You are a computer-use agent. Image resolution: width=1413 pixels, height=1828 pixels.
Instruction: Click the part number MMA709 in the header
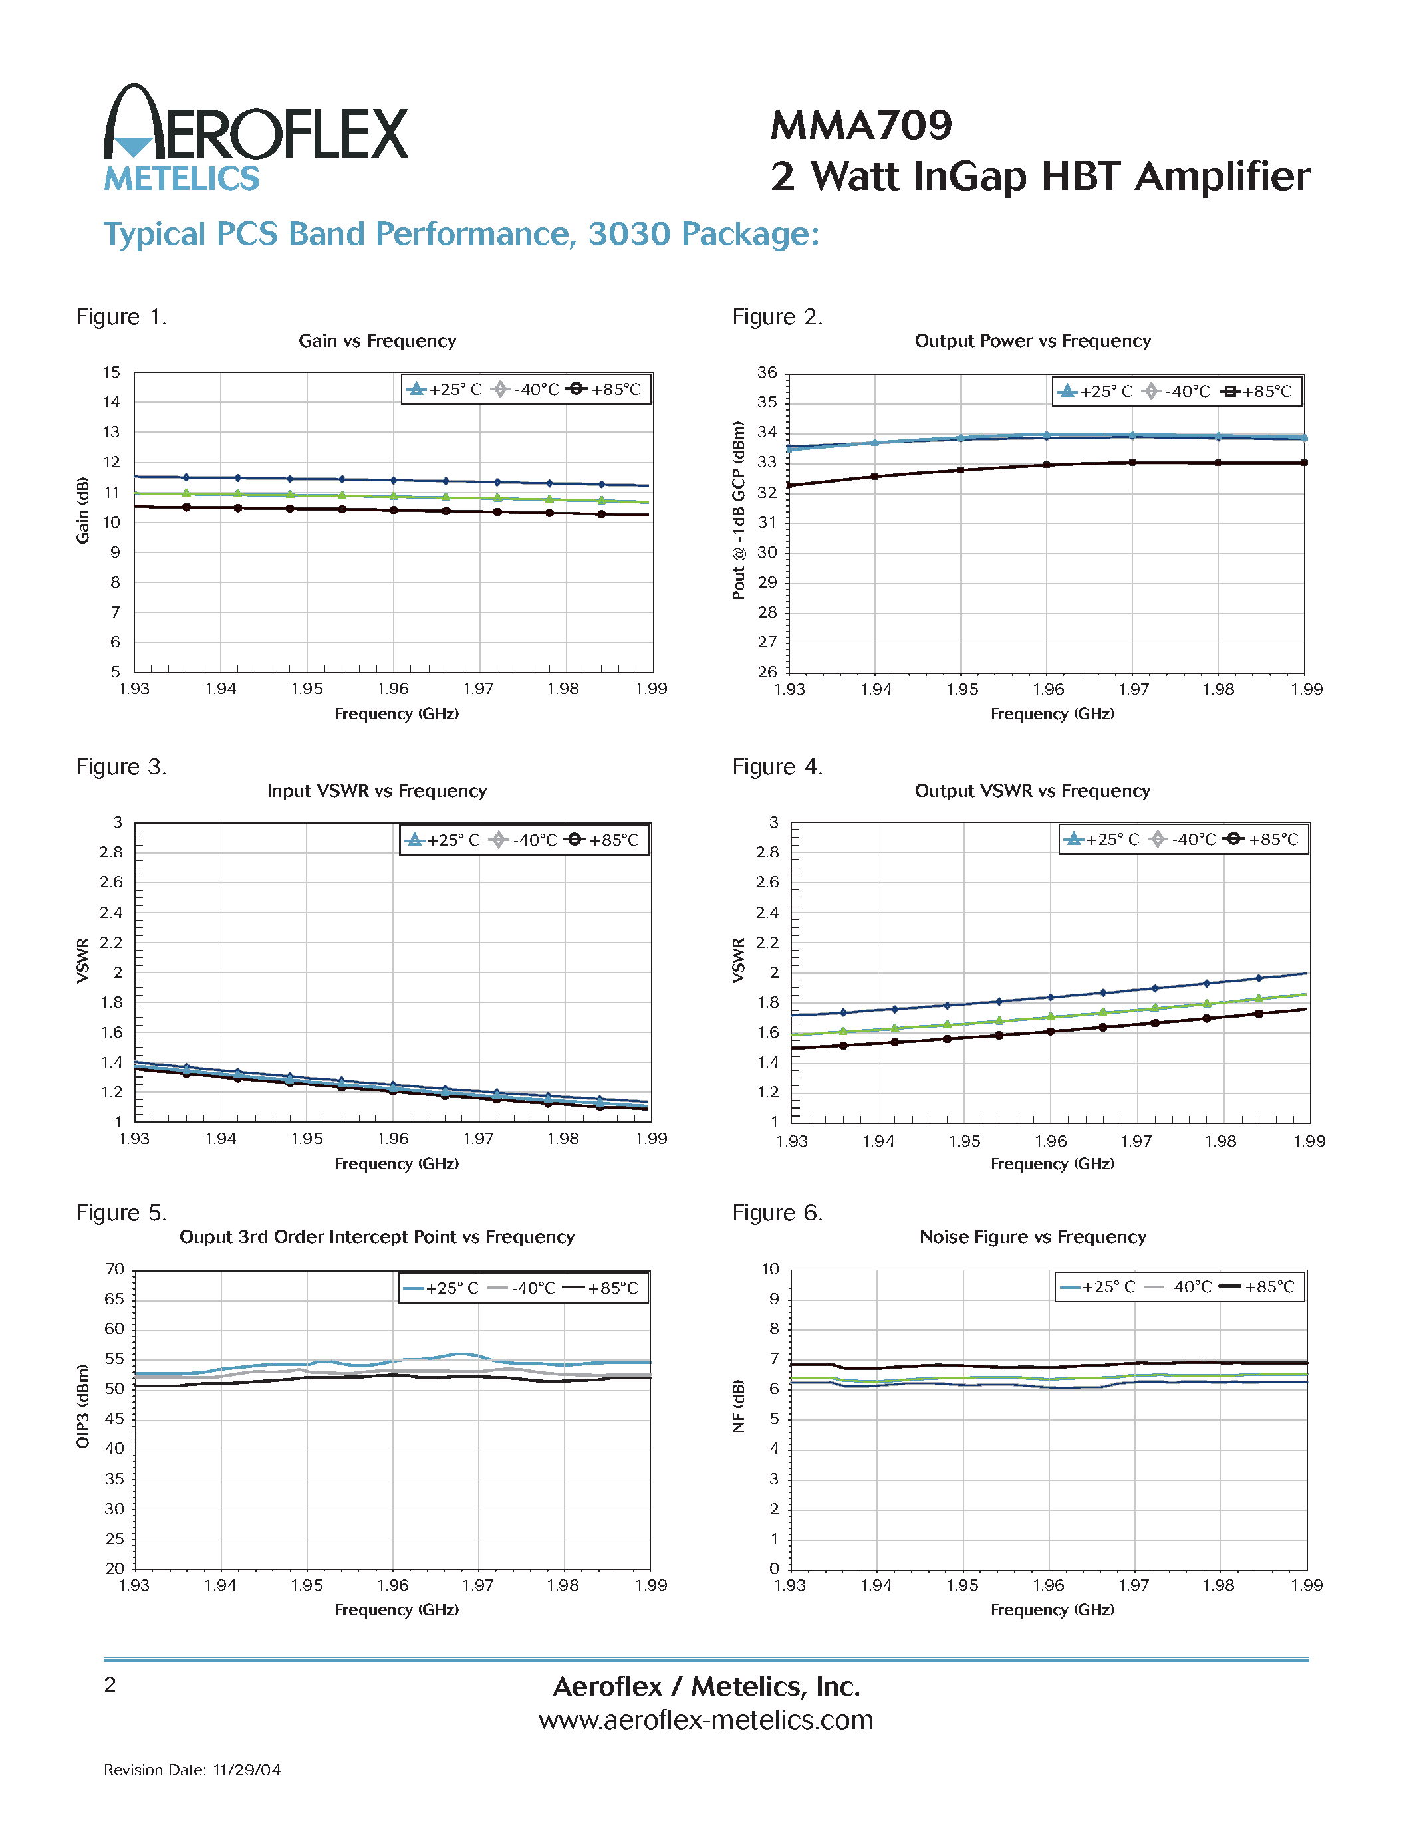[860, 126]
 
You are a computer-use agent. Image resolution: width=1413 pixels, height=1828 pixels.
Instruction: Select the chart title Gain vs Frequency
[376, 340]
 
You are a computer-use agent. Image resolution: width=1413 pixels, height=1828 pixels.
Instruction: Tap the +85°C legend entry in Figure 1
[604, 390]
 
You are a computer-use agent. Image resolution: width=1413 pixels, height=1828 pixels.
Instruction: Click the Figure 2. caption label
[777, 317]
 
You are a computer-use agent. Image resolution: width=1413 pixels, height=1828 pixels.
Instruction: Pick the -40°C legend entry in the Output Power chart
[1176, 391]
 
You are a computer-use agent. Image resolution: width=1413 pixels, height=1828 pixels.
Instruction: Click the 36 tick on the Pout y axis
[767, 372]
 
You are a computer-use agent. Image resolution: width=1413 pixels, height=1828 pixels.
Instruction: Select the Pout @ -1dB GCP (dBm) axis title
[738, 510]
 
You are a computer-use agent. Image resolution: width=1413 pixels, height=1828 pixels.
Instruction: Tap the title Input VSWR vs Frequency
[376, 791]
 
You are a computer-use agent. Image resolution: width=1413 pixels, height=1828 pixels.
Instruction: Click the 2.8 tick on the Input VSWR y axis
[110, 852]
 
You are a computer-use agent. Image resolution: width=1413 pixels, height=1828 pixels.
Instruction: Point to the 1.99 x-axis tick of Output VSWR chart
[1309, 1141]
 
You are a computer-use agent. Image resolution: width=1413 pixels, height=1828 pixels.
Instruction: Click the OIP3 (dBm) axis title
[83, 1406]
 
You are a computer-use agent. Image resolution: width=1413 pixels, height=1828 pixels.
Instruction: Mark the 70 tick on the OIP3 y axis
[114, 1269]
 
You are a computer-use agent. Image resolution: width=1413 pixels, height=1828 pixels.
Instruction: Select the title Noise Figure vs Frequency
[1032, 1237]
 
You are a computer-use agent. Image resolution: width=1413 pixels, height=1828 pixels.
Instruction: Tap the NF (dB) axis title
[738, 1406]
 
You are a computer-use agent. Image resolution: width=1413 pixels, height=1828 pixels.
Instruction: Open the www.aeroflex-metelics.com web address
[706, 1720]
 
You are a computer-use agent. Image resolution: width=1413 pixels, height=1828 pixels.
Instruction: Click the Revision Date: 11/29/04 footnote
[192, 1770]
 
